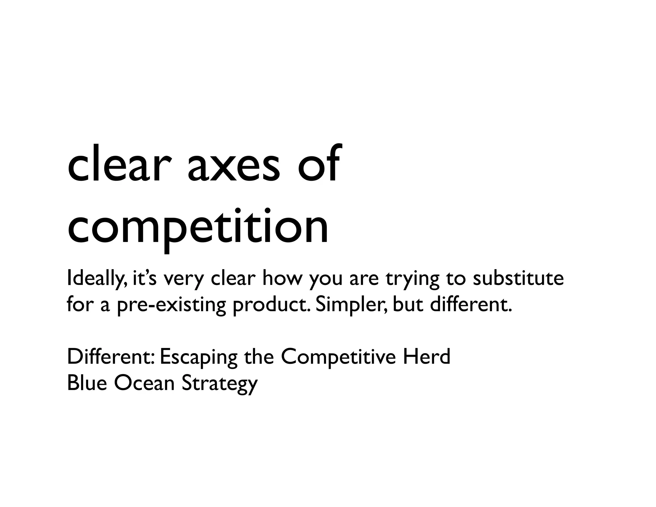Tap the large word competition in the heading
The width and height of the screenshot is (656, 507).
point(198,226)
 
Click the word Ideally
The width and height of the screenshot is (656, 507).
point(96,279)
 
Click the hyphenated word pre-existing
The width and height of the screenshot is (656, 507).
point(171,305)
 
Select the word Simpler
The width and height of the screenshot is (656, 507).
point(351,305)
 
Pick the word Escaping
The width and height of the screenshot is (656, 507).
point(199,358)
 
